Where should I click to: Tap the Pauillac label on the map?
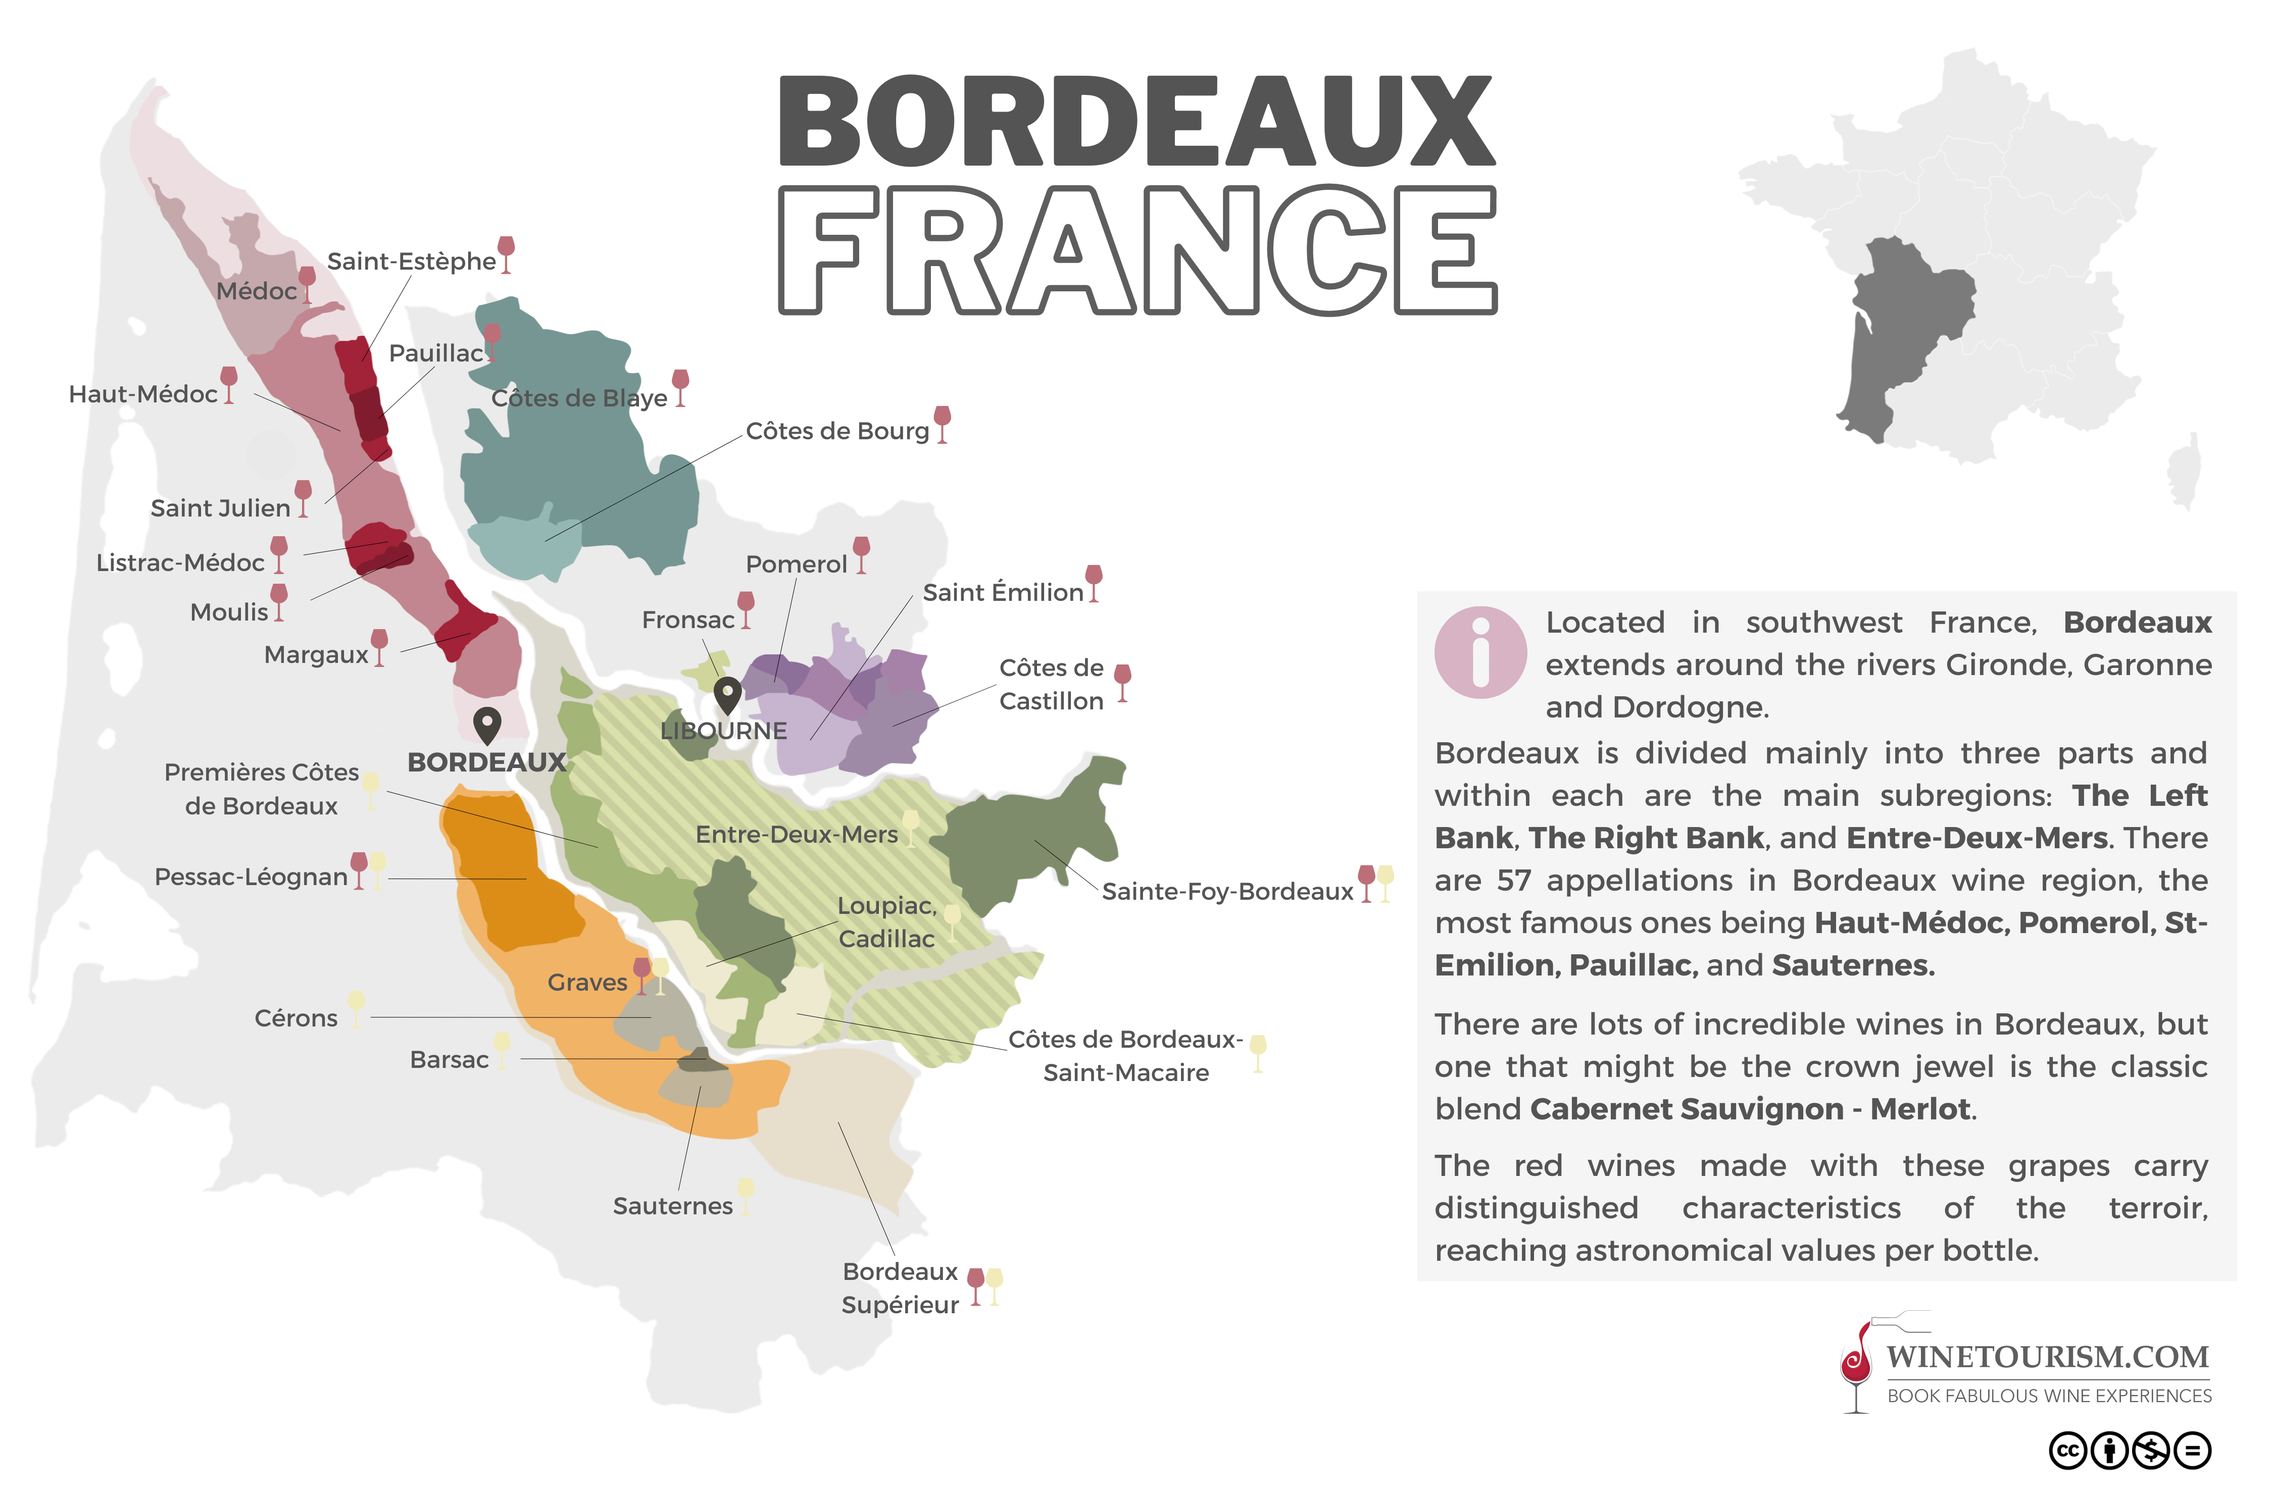tap(435, 353)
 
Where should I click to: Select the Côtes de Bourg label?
tap(836, 432)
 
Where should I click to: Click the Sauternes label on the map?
tap(672, 1206)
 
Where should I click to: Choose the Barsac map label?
tap(449, 1059)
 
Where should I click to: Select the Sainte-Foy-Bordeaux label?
tap(1227, 892)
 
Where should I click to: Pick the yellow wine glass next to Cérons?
tap(356, 1008)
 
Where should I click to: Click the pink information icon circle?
tap(1480, 653)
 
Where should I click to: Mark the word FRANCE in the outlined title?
tap(1136, 250)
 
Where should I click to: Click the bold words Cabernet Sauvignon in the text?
tap(1686, 1109)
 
